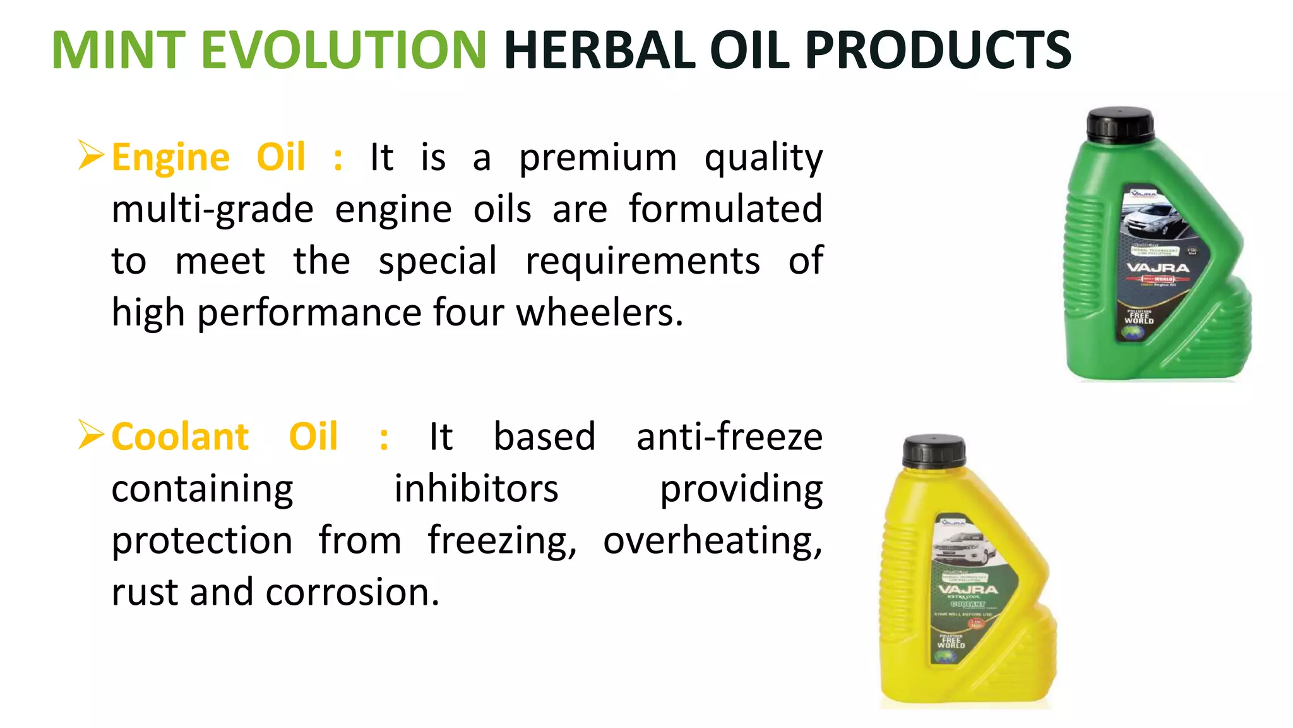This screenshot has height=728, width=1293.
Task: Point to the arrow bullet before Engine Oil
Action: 91,155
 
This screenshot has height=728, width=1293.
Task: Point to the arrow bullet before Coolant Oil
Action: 91,435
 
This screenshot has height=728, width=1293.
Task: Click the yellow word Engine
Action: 170,158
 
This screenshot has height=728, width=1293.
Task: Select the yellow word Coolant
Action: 180,437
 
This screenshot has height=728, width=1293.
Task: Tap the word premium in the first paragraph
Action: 597,158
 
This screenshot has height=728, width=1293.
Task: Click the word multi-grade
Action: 212,210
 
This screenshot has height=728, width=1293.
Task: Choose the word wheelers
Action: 599,313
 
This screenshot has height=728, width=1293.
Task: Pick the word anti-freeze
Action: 729,437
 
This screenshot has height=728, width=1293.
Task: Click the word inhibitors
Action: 477,489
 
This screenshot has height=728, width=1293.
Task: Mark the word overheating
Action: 712,541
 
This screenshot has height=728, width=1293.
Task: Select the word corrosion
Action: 352,593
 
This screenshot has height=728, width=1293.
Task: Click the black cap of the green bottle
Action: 1121,123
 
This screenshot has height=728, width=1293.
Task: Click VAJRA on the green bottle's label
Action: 1158,268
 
